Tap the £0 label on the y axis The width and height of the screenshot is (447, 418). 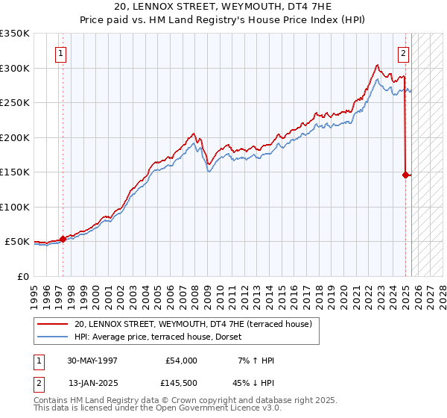22,276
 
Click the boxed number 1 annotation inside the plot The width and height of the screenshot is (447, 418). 60,53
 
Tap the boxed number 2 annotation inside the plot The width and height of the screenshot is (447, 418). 403,53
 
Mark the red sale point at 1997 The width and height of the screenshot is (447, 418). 63,239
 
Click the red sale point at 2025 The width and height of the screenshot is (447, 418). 405,175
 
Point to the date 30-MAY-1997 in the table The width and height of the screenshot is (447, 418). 92,361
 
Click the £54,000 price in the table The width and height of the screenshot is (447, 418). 181,361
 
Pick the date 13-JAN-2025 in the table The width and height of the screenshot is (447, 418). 92,382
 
